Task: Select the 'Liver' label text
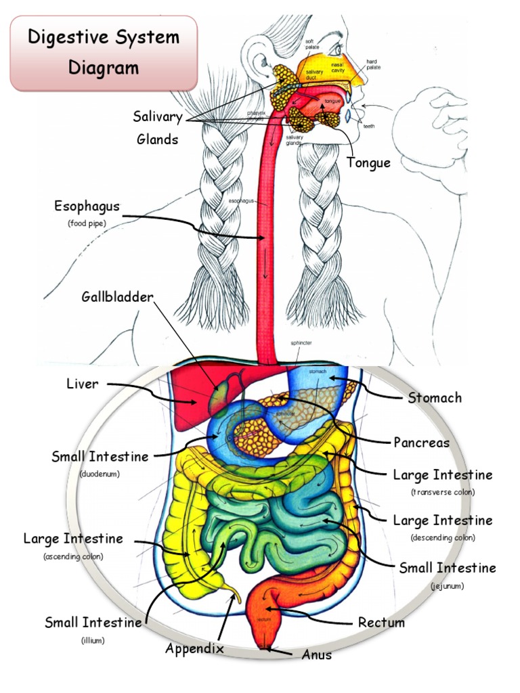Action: point(82,384)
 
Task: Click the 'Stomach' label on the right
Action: point(435,397)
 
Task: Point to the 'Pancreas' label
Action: point(421,443)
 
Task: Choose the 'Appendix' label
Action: point(194,648)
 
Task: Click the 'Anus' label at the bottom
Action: point(317,654)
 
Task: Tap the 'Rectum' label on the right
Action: point(381,622)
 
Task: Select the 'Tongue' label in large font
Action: point(368,162)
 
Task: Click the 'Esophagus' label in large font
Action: point(87,206)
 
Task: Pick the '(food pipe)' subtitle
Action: point(87,223)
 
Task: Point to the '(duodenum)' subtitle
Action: point(100,474)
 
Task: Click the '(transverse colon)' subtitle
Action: point(443,492)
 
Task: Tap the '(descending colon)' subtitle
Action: point(443,537)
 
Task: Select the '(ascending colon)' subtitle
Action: point(73,556)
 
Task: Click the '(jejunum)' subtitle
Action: point(447,585)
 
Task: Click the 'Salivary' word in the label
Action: point(158,117)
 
